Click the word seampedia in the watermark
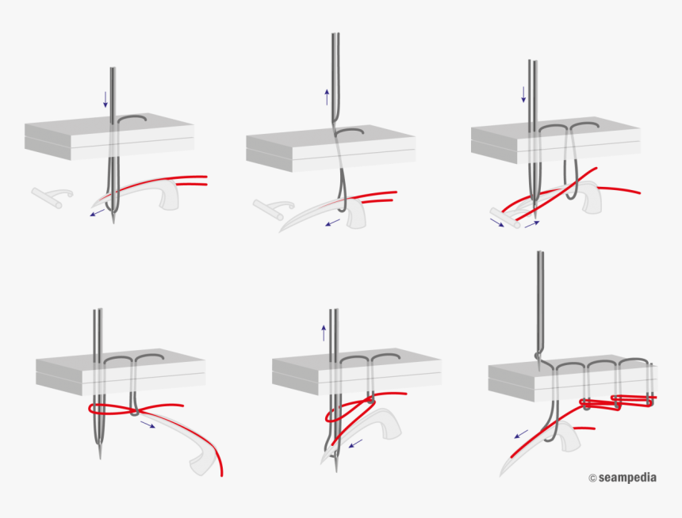click(627, 478)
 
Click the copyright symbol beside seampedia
click(592, 478)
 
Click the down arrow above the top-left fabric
click(105, 99)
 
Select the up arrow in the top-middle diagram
click(326, 97)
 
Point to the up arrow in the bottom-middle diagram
click(324, 332)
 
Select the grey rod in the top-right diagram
click(504, 217)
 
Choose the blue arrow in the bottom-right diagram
click(521, 434)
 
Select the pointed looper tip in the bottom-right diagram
click(501, 475)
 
